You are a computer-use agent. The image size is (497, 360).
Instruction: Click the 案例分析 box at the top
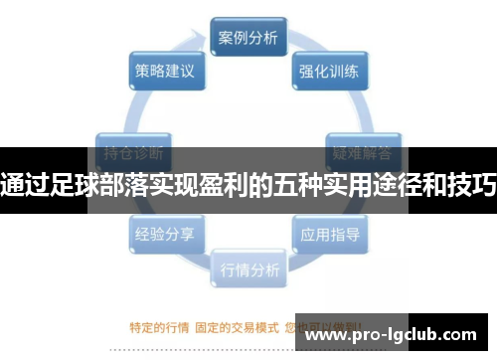tap(248, 39)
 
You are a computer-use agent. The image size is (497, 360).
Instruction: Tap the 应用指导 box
tap(330, 236)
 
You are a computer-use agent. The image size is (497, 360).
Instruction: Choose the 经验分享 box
tap(164, 236)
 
